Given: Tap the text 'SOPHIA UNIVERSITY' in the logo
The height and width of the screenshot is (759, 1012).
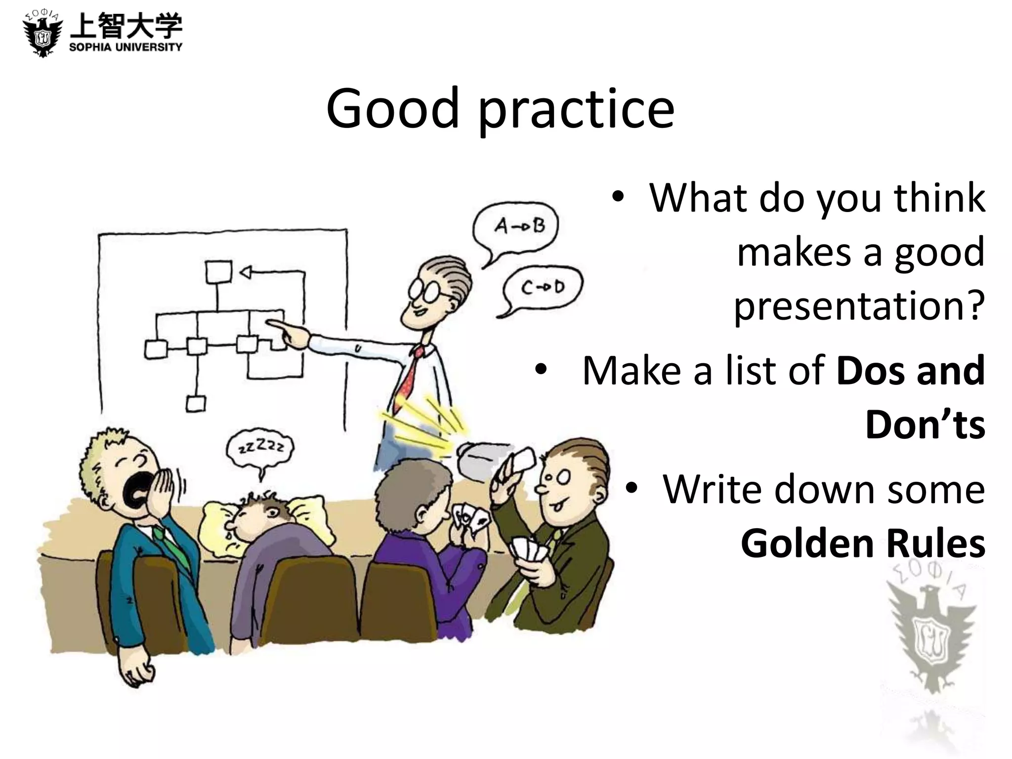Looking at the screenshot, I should pyautogui.click(x=126, y=47).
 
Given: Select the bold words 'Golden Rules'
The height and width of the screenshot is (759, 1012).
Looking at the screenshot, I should pyautogui.click(x=863, y=544).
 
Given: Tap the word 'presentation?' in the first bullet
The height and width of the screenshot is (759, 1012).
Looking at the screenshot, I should pyautogui.click(x=859, y=305).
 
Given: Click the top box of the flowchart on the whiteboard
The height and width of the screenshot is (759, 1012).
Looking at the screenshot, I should pyautogui.click(x=218, y=272).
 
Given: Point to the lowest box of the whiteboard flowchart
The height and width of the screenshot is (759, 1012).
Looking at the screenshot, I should pyautogui.click(x=196, y=404).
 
